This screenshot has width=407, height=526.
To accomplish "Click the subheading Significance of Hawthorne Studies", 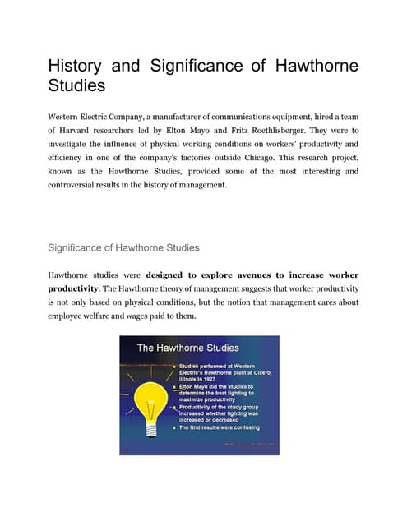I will (x=123, y=246).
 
